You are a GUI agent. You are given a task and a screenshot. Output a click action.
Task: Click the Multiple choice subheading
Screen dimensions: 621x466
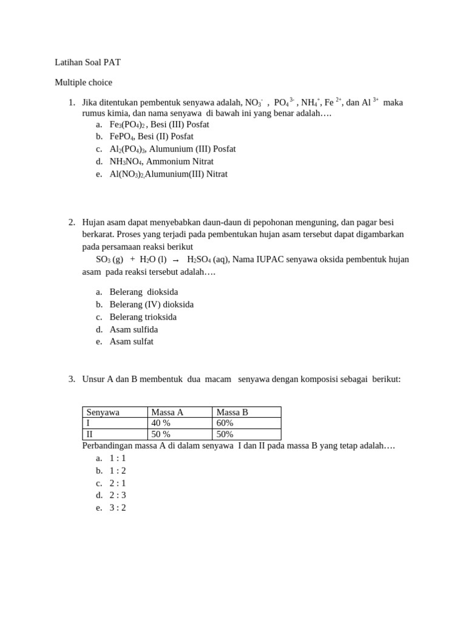point(83,82)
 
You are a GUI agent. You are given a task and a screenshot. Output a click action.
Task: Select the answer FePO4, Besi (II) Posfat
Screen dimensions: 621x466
point(151,136)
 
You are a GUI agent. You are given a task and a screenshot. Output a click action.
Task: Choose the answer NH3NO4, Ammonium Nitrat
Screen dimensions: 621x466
point(161,161)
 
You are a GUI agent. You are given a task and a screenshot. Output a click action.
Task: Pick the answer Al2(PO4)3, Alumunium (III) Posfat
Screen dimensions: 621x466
point(172,149)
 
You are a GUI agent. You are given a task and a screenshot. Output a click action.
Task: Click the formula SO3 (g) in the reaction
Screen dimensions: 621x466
point(109,260)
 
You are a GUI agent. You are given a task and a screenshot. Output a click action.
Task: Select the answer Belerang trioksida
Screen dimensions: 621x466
point(143,317)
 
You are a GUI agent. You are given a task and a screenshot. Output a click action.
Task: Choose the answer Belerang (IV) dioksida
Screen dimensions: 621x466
point(151,304)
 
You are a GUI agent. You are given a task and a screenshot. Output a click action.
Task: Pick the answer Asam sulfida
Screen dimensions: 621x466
point(133,329)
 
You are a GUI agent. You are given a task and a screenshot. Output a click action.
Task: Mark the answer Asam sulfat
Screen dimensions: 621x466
point(131,341)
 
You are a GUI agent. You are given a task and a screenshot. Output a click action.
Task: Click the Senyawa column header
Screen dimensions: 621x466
point(103,412)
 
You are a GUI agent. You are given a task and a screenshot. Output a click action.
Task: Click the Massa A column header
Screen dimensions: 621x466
point(167,412)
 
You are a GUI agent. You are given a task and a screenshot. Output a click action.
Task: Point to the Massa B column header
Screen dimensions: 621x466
point(232,412)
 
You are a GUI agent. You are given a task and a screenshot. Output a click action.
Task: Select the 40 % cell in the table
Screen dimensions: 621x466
point(161,423)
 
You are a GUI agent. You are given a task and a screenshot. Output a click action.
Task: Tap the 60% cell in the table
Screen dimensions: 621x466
point(225,423)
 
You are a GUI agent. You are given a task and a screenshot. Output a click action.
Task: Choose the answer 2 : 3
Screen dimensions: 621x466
point(118,495)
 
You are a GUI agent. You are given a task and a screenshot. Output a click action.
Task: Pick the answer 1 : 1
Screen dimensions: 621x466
point(118,458)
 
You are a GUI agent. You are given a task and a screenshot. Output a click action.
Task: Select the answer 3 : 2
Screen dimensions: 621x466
point(118,508)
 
